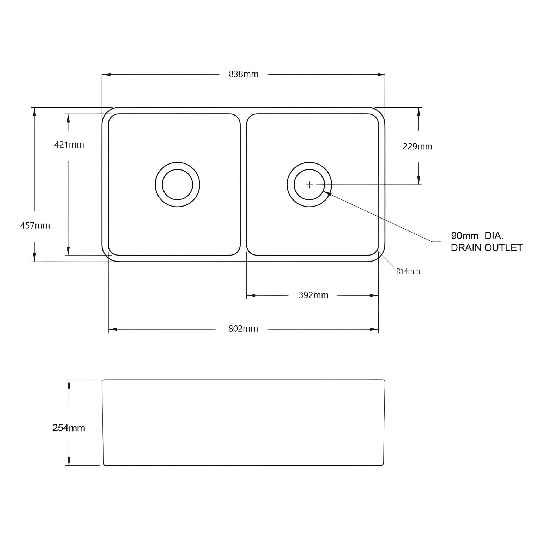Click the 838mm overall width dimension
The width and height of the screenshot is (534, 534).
(244, 74)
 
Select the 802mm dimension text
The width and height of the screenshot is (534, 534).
(243, 329)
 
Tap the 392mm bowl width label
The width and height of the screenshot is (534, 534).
(313, 295)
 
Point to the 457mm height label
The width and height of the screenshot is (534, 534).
(35, 226)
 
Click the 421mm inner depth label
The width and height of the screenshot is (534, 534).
(69, 144)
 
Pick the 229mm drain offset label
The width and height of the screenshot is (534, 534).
(417, 147)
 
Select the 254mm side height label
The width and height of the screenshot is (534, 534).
(69, 428)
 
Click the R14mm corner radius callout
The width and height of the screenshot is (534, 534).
(408, 271)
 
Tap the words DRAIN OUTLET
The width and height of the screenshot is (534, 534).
(487, 248)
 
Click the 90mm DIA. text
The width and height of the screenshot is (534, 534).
(477, 236)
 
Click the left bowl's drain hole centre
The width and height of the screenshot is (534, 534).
(178, 184)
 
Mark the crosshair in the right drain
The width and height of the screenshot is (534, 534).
(309, 184)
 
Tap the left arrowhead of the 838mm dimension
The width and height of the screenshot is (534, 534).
(106, 75)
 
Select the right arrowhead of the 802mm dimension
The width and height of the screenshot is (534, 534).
(374, 329)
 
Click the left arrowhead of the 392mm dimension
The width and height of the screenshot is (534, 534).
(251, 295)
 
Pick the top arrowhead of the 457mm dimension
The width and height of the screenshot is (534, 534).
(34, 112)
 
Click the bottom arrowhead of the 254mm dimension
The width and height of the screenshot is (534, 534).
(69, 461)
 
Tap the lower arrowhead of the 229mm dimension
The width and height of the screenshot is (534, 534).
(419, 180)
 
